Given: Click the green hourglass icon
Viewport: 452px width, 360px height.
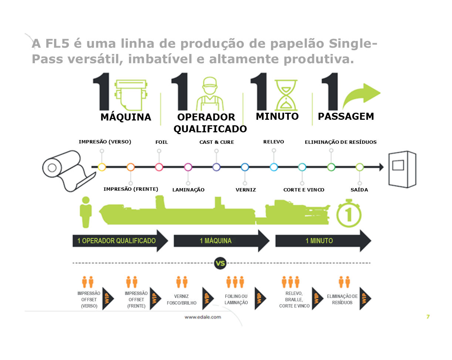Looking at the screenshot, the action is click(286, 95).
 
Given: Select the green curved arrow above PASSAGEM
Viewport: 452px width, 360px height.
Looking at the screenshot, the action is click(361, 95).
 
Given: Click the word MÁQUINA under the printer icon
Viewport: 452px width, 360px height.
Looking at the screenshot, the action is click(126, 117).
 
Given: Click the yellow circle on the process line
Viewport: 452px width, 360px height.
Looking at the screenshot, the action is click(102, 167).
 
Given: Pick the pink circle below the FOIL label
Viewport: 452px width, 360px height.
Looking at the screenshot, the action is click(159, 167).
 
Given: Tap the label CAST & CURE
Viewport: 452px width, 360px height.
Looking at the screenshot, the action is click(216, 142).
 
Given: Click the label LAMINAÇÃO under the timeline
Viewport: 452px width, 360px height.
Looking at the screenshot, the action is click(188, 190).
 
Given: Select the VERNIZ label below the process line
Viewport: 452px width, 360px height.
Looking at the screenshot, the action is click(246, 190).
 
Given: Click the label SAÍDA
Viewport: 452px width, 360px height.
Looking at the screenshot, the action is click(359, 190).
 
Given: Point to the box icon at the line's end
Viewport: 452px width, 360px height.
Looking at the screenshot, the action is click(402, 169).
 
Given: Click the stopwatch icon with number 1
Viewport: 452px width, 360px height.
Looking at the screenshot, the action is click(349, 214).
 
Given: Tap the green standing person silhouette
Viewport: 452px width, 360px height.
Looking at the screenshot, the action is click(86, 212).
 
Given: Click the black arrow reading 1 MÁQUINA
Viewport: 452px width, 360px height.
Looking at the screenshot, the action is click(222, 241).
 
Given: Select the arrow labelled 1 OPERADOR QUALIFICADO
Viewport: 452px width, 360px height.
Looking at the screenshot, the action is click(120, 241).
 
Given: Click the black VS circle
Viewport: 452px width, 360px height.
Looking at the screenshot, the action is click(220, 263).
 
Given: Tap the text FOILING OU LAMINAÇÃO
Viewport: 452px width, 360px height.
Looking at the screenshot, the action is click(236, 299).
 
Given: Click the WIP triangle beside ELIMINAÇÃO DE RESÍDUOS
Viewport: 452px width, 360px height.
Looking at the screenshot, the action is click(365, 298).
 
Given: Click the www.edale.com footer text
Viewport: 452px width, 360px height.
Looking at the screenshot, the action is click(203, 317).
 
